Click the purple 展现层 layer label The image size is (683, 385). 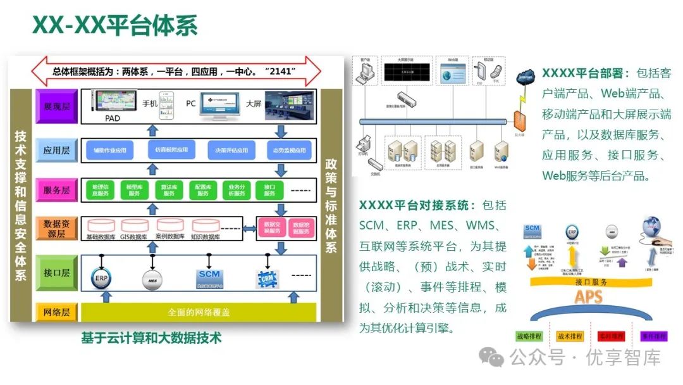pyautogui.click(x=57, y=103)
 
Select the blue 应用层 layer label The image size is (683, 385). pyautogui.click(x=57, y=150)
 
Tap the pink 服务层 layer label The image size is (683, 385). pyautogui.click(x=57, y=190)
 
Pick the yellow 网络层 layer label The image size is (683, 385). pyautogui.click(x=57, y=312)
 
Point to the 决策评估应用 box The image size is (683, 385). pyautogui.click(x=231, y=151)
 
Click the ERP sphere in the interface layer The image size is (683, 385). pyautogui.click(x=100, y=276)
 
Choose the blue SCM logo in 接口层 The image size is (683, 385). pyautogui.click(x=208, y=277)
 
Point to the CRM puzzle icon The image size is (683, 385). pyautogui.click(x=267, y=277)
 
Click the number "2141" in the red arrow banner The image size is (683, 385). pyautogui.click(x=281, y=72)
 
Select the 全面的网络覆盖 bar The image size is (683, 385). pyautogui.click(x=199, y=312)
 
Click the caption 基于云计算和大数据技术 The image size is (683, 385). pyautogui.click(x=151, y=338)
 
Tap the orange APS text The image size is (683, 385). pyautogui.click(x=588, y=296)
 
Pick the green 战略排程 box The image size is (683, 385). pyautogui.click(x=532, y=336)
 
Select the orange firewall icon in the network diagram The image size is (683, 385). pyautogui.click(x=519, y=122)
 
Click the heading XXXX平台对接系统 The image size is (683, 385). pyautogui.click(x=417, y=205)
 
